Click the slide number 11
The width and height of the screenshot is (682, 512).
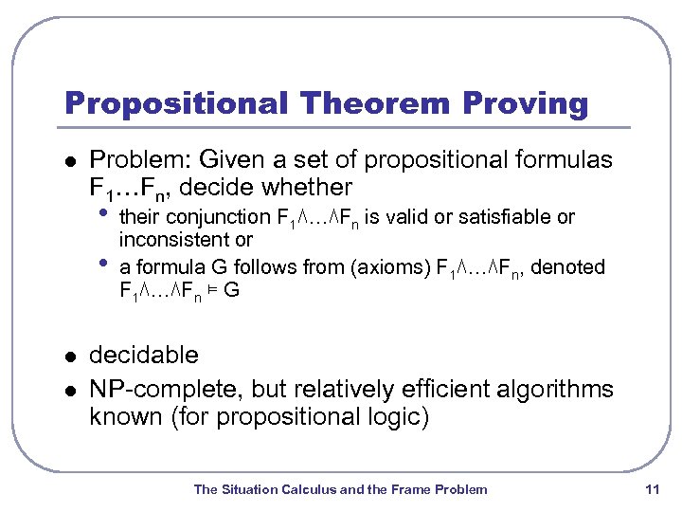651,489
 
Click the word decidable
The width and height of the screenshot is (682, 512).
144,356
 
